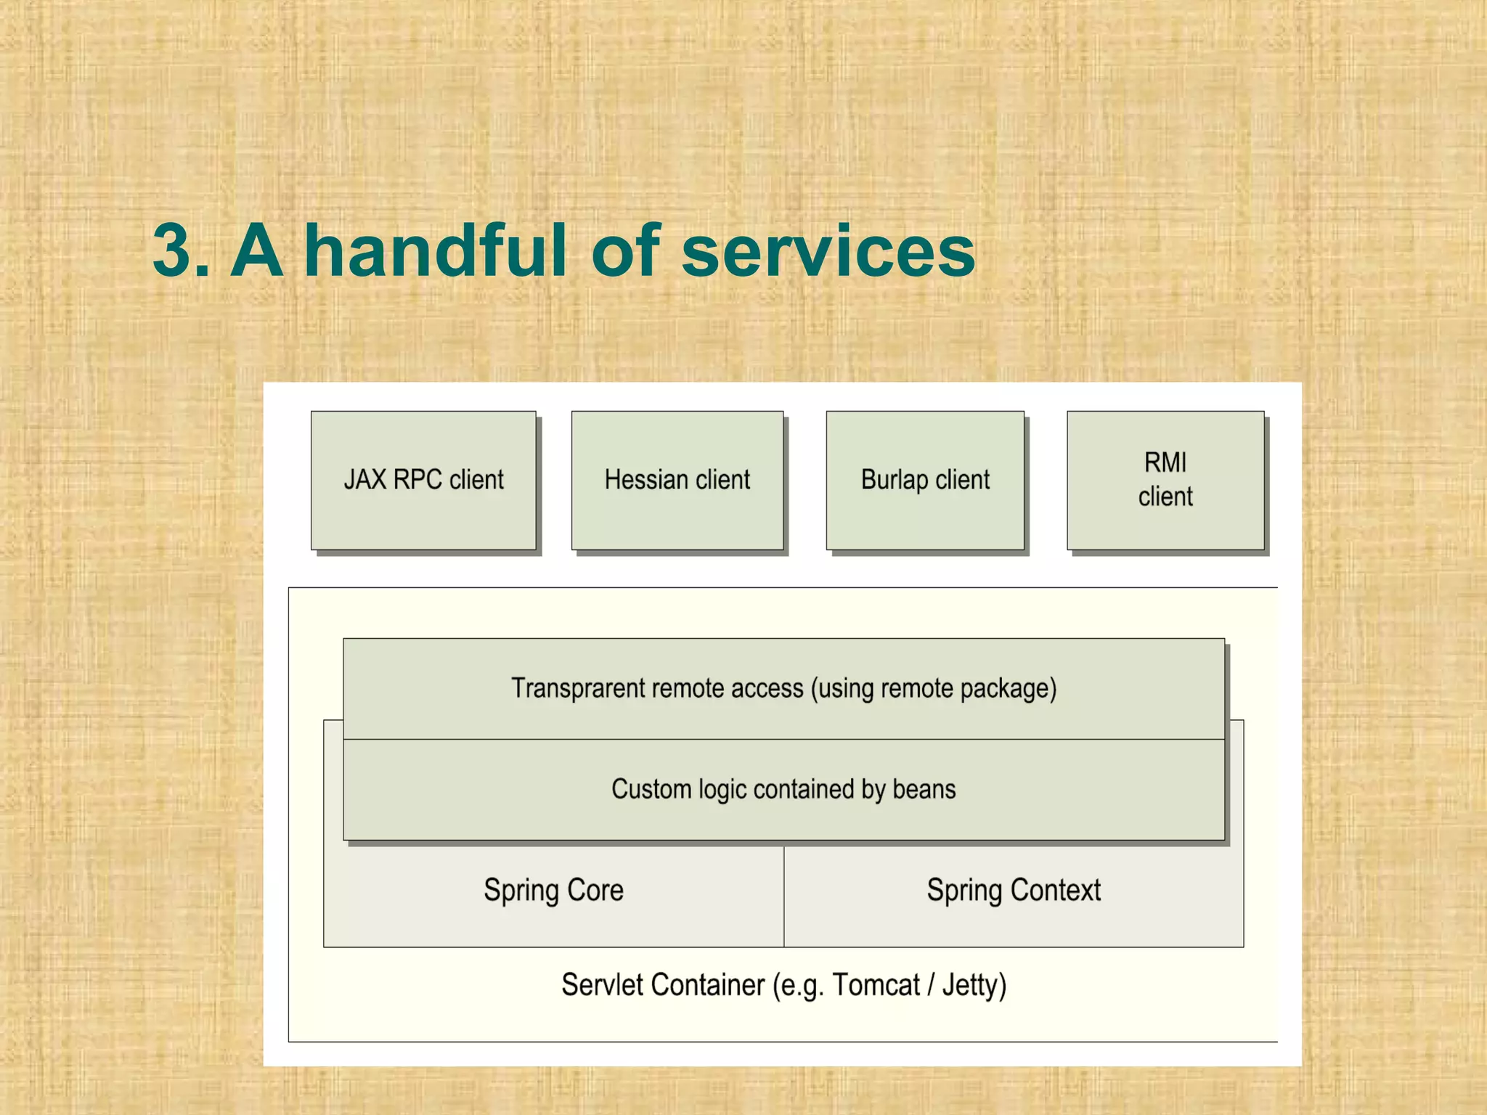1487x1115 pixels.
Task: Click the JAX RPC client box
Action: pyautogui.click(x=423, y=481)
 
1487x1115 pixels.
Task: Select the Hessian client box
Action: pyautogui.click(x=677, y=481)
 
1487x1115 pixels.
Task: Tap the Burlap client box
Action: pyautogui.click(x=925, y=481)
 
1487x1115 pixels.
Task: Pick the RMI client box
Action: pyautogui.click(x=1165, y=481)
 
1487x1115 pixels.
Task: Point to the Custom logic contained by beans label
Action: pyautogui.click(x=783, y=789)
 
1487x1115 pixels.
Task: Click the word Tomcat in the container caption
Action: pyautogui.click(x=876, y=986)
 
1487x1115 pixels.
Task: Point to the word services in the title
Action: pyautogui.click(x=828, y=250)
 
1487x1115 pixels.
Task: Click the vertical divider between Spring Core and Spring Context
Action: pyautogui.click(x=784, y=897)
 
